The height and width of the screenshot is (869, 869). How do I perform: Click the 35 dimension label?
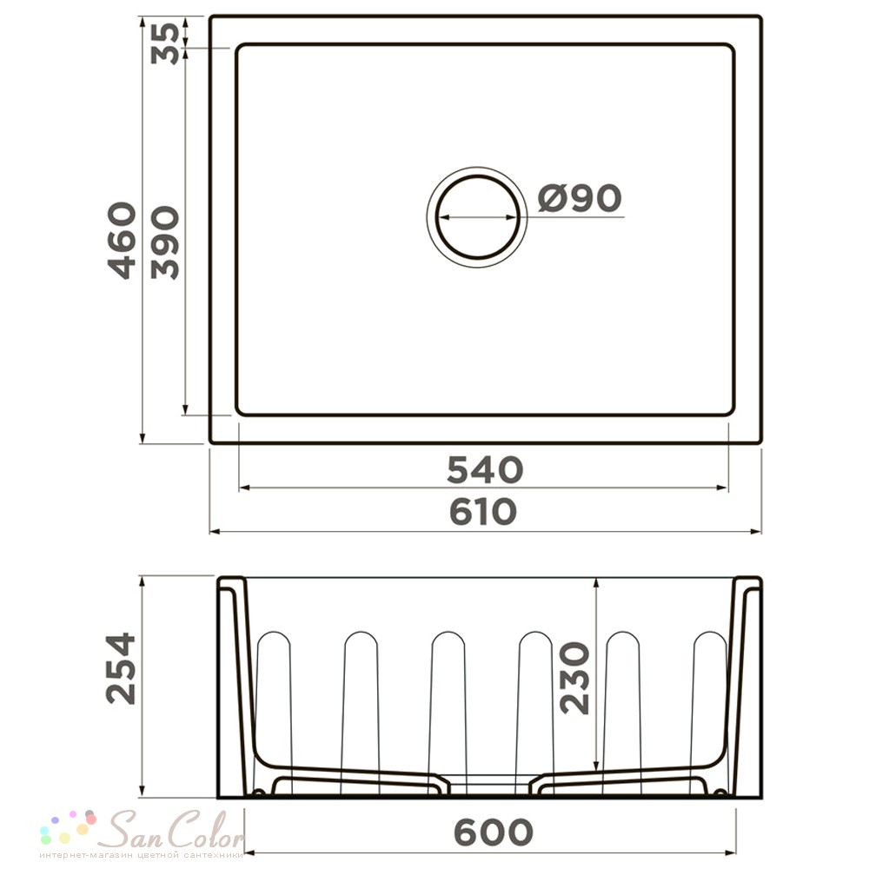(165, 43)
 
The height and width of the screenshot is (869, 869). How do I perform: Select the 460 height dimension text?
(122, 240)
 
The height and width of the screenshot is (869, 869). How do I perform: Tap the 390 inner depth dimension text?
(165, 242)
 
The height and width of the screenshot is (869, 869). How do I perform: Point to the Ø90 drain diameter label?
(580, 198)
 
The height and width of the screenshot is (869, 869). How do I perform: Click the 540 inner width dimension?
(485, 469)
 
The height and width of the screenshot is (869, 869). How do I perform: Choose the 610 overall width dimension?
(483, 512)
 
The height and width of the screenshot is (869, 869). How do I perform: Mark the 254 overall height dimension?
(121, 668)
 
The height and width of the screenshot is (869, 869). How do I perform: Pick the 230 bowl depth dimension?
(574, 677)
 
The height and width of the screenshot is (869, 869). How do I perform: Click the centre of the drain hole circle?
(477, 216)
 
